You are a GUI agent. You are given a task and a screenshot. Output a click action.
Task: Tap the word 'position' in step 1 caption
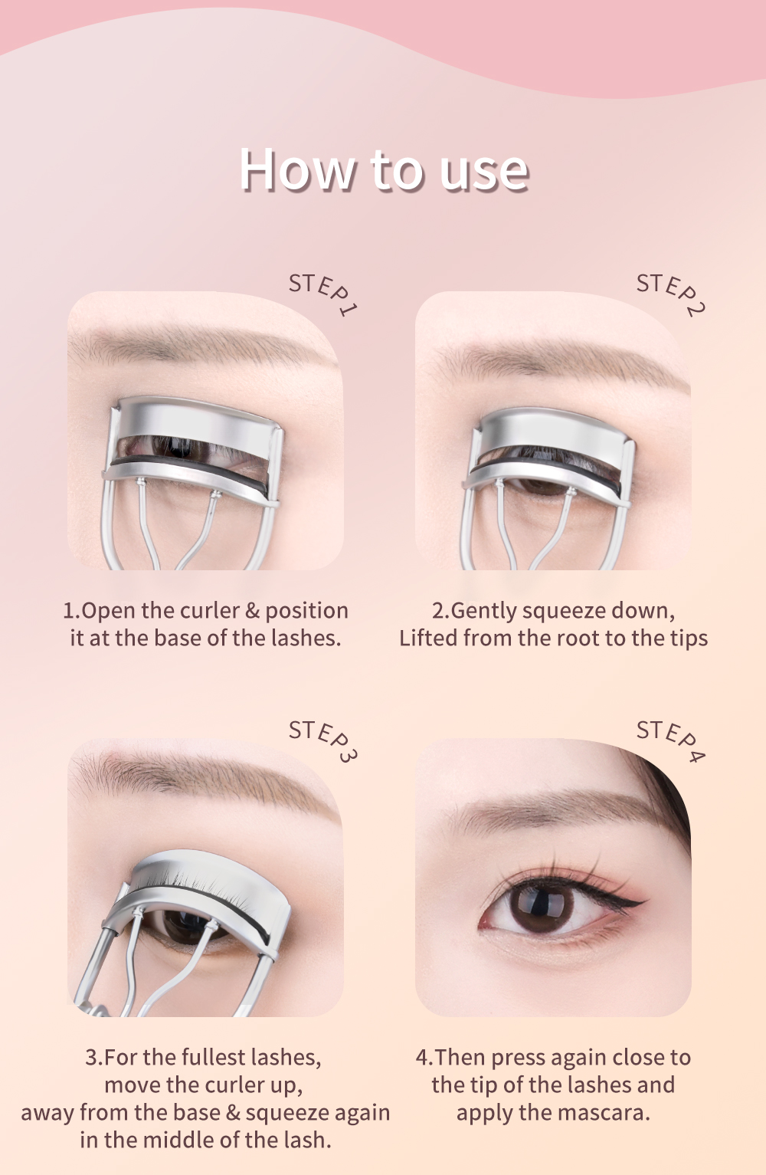click(306, 611)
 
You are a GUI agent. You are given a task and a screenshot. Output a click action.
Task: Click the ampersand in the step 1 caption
click(253, 611)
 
